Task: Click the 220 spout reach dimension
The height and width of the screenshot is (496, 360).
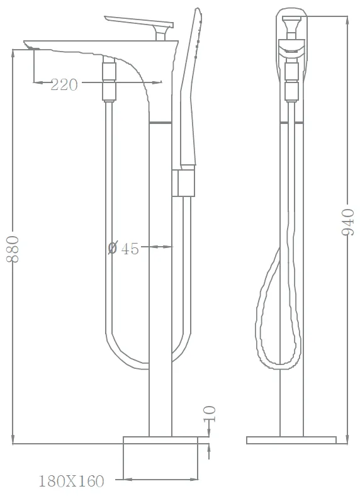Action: pos(64,85)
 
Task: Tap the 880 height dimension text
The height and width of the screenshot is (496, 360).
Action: pos(13,249)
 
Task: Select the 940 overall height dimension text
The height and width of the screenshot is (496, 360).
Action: pos(347,222)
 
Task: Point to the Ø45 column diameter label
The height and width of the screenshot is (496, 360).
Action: pos(123,249)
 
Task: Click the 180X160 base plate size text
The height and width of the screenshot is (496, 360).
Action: pos(71,481)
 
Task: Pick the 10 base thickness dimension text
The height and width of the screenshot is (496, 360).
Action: pos(210,414)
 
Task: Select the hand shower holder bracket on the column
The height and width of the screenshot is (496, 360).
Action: pos(184,183)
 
